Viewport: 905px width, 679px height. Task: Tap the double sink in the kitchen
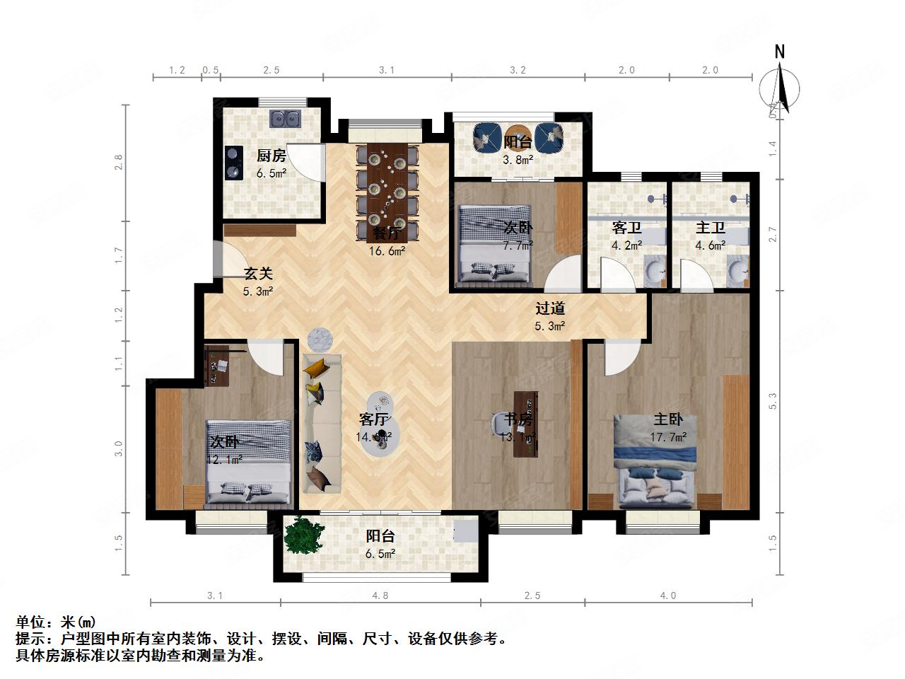(286, 119)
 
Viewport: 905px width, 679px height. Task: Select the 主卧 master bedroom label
(667, 419)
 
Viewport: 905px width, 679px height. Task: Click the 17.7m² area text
(668, 437)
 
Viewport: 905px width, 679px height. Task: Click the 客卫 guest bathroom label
(626, 228)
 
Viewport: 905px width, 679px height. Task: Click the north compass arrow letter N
(780, 52)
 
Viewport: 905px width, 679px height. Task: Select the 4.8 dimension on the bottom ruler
(380, 596)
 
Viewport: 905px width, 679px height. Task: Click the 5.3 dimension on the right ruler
(773, 401)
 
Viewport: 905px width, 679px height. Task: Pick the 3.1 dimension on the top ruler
(386, 70)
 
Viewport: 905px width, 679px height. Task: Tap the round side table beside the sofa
(321, 339)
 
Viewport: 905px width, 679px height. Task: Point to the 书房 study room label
(518, 419)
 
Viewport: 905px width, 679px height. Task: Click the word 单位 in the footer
(33, 622)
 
